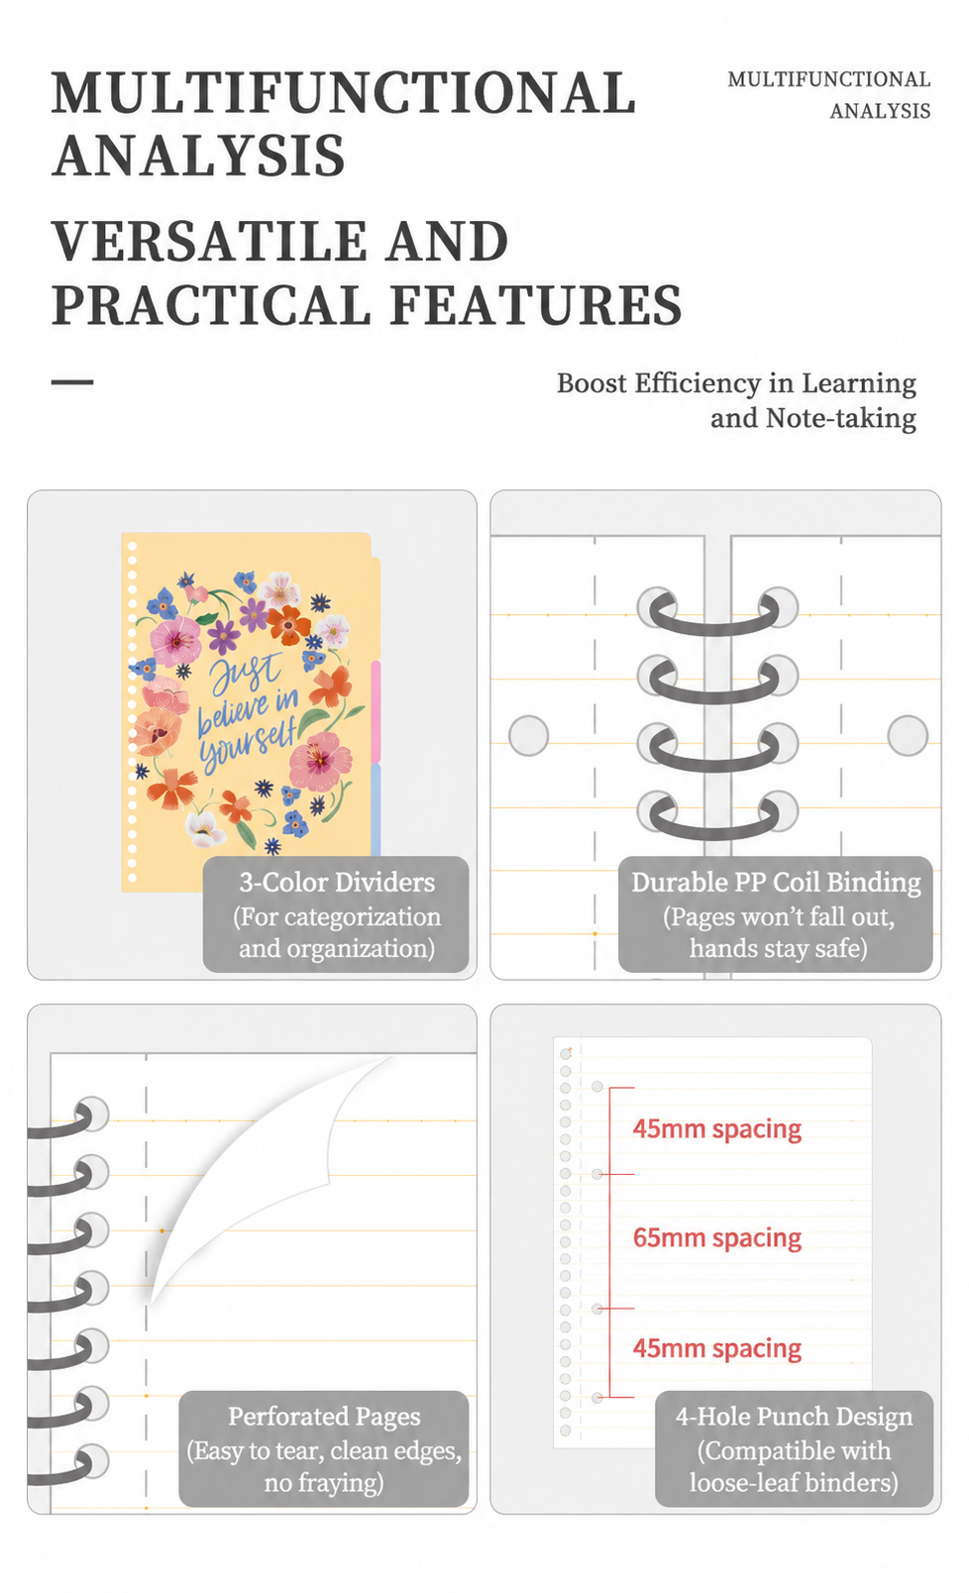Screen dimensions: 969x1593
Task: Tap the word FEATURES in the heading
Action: pyautogui.click(x=536, y=304)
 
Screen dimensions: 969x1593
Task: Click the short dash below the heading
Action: pyautogui.click(x=72, y=381)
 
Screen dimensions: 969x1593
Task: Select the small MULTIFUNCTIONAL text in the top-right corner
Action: pyautogui.click(x=829, y=79)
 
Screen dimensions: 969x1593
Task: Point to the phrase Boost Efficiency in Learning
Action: pyautogui.click(x=736, y=383)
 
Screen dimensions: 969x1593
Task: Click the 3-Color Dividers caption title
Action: pyautogui.click(x=337, y=883)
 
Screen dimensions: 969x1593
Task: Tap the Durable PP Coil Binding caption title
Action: pyautogui.click(x=776, y=883)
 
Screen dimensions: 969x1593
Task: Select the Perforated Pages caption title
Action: pyautogui.click(x=324, y=1417)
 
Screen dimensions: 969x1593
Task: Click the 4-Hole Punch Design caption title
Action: pyautogui.click(x=794, y=1417)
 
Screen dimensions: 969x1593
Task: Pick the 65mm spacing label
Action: pyautogui.click(x=717, y=1238)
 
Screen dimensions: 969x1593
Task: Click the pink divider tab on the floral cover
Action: pyautogui.click(x=376, y=712)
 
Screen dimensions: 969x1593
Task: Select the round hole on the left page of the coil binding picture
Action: pyautogui.click(x=529, y=735)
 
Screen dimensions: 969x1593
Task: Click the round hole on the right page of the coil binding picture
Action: pyautogui.click(x=908, y=735)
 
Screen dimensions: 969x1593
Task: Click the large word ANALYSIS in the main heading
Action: pyautogui.click(x=198, y=155)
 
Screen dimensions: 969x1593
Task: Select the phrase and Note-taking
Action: pyautogui.click(x=813, y=418)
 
